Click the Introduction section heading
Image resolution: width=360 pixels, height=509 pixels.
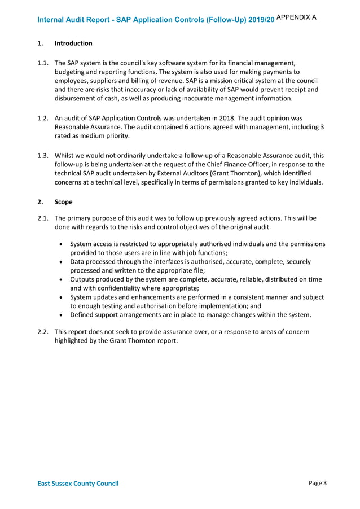coord(73,43)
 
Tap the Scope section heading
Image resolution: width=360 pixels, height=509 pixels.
coord(63,202)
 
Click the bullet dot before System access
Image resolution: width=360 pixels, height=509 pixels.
coord(61,244)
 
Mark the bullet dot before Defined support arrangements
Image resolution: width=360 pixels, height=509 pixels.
coord(61,315)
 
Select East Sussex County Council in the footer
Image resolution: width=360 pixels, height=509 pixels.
coord(78,484)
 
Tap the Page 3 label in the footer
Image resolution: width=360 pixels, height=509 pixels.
coord(318,483)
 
